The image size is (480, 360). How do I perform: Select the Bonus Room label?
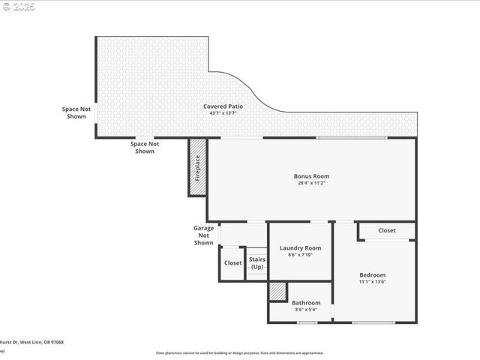click(311, 176)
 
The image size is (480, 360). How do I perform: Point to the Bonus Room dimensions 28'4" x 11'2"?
click(311, 183)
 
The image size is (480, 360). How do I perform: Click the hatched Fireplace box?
click(198, 167)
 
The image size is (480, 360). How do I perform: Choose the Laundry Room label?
click(300, 247)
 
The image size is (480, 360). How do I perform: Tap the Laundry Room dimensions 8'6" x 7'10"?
click(300, 255)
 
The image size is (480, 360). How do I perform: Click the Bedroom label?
click(372, 275)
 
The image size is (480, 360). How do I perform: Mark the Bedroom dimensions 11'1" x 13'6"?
click(372, 283)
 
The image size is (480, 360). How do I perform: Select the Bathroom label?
click(305, 303)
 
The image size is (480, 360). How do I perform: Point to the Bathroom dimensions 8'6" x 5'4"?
click(305, 310)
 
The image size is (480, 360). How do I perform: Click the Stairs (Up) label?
click(257, 263)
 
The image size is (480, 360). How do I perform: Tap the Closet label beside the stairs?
click(232, 263)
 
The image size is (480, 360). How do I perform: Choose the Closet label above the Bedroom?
click(386, 231)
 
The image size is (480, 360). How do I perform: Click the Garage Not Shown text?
click(203, 235)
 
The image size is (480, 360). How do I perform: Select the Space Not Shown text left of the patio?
click(76, 112)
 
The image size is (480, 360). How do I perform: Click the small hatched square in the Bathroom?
click(277, 291)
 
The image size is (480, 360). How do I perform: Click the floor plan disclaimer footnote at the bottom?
click(239, 352)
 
